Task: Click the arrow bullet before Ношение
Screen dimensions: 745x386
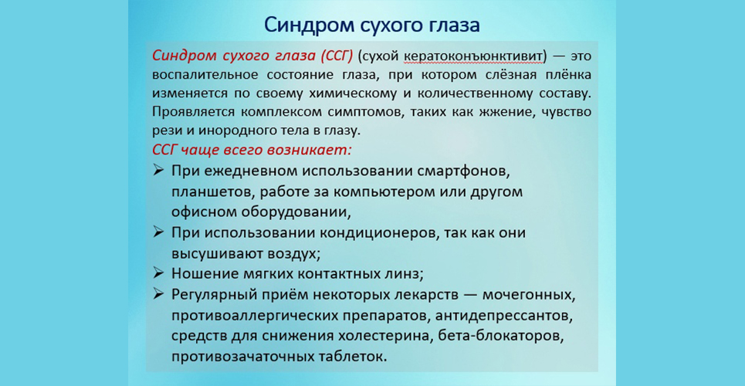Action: [x=159, y=273]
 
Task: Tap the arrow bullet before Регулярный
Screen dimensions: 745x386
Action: [x=159, y=294]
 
